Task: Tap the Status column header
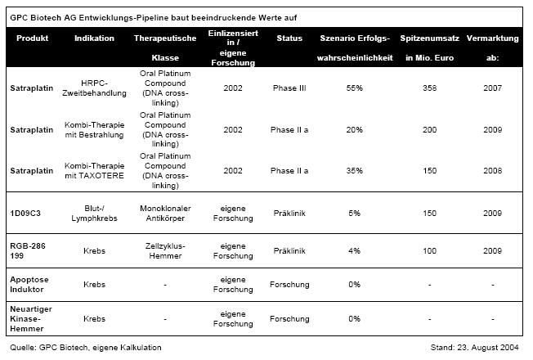pyautogui.click(x=289, y=38)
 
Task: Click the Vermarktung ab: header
pyautogui.click(x=492, y=47)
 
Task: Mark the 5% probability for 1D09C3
pyautogui.click(x=355, y=213)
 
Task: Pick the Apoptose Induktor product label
pyautogui.click(x=29, y=284)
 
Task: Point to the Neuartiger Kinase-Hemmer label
pyautogui.click(x=30, y=319)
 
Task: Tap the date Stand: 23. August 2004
pyautogui.click(x=478, y=348)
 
